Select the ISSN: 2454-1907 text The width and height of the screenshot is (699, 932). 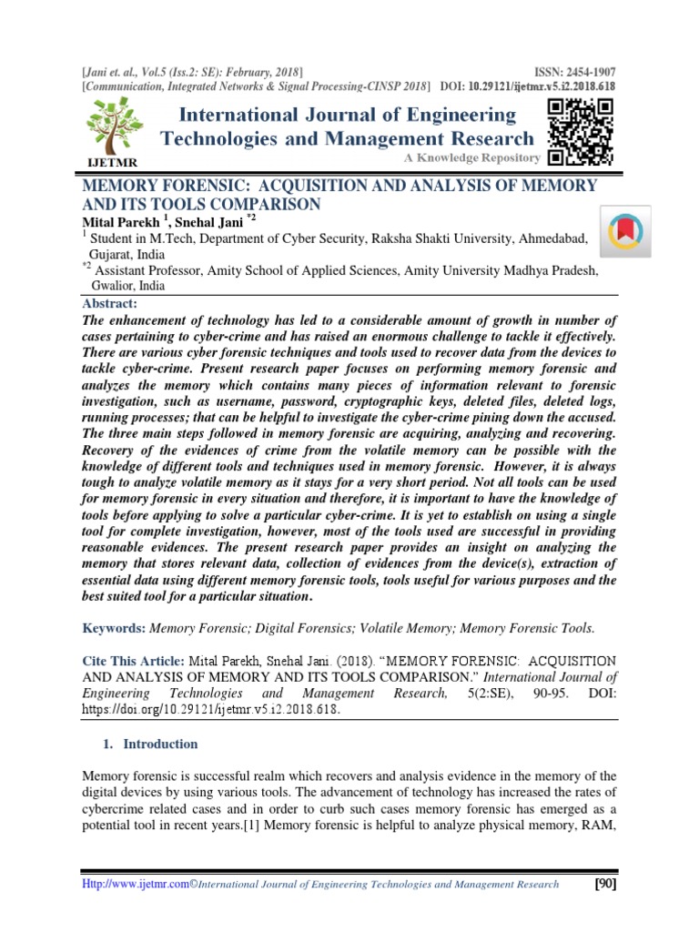[571, 71]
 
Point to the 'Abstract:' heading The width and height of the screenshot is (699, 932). [109, 304]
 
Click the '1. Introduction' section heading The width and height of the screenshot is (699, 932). [147, 744]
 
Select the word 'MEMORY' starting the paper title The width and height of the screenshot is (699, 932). [119, 186]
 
